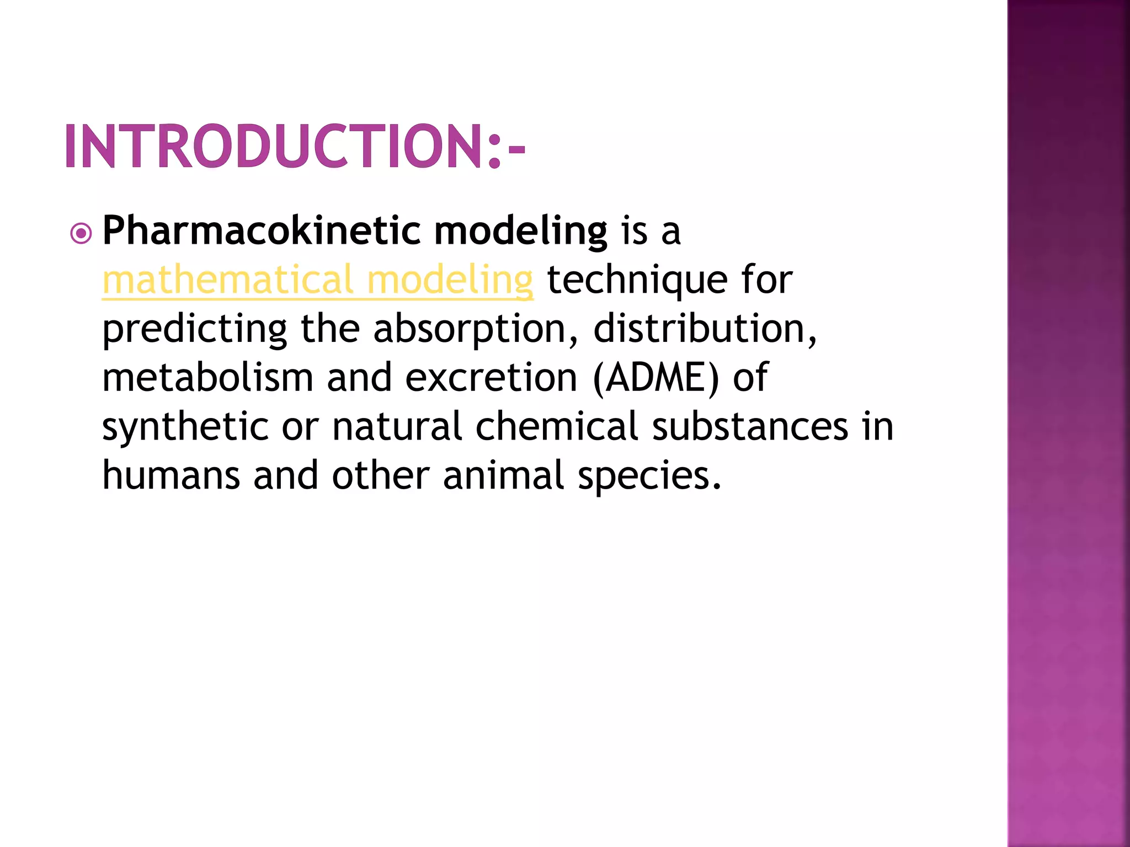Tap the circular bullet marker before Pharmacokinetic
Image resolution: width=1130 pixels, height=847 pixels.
pos(81,233)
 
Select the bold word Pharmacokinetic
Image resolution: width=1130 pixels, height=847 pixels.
pos(262,230)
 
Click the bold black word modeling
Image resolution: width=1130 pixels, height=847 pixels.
pos(521,232)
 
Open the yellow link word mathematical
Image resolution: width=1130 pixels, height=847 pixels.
pos(227,280)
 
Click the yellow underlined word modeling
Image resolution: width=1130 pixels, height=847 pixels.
pos(450,281)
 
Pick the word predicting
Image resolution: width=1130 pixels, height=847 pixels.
pos(195,330)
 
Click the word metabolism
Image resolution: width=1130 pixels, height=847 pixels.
pos(208,378)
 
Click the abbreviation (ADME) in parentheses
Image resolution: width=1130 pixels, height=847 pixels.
pos(656,378)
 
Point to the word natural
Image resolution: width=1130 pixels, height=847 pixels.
pos(397,427)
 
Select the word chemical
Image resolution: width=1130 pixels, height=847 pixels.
pos(557,427)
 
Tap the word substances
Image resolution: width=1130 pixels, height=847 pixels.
pos(750,427)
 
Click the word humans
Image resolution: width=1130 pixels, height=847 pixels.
pos(171,475)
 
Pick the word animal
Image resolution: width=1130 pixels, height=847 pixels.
pos(503,475)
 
